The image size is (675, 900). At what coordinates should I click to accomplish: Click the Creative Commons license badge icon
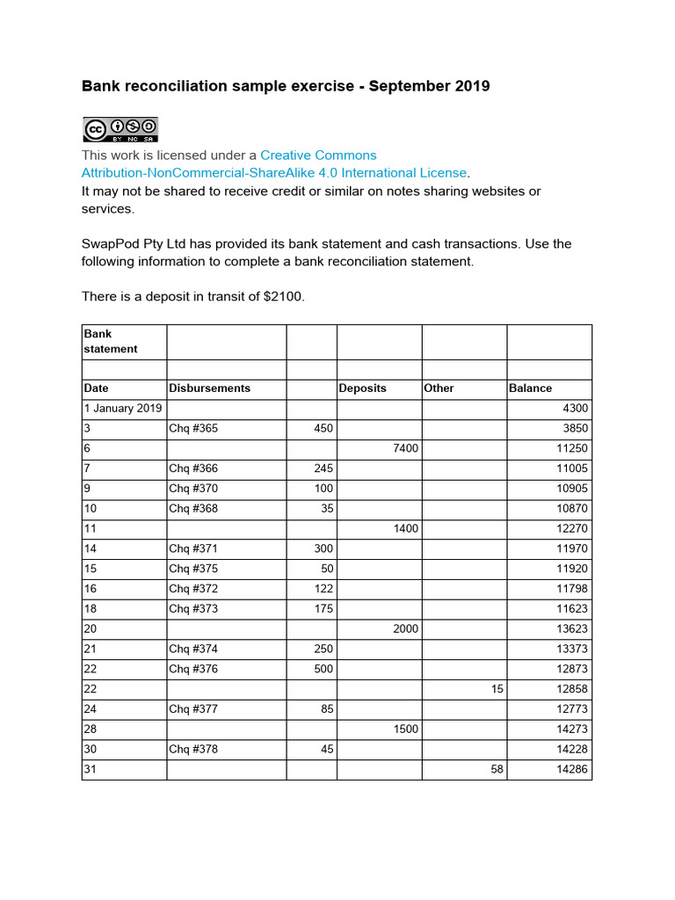coord(120,129)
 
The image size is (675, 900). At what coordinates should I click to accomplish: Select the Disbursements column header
coord(209,388)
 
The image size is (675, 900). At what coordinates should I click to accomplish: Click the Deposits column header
coord(363,388)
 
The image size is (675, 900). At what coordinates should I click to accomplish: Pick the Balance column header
coord(530,388)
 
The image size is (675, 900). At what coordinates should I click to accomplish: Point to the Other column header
coord(439,388)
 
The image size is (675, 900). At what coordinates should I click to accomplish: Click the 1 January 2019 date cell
coord(123,408)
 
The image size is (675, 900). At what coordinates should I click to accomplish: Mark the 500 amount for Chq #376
coord(323,670)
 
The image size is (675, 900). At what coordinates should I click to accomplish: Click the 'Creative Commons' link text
coord(318,155)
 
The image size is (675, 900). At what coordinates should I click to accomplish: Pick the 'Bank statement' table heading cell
coord(111,341)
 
